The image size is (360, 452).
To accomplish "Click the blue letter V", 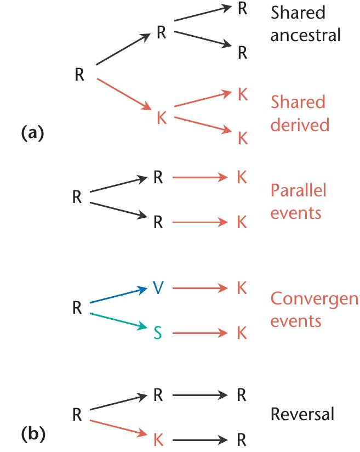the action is coord(158,287).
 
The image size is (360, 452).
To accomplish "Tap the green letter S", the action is coord(158,332).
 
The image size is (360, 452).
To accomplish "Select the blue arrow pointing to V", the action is coord(119,295).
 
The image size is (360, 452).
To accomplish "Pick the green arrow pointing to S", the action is coord(119,321).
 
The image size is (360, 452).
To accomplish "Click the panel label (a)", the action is coord(32,133).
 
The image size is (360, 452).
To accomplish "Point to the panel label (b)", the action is coord(33,434).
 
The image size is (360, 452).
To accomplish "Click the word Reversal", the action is coord(302,414).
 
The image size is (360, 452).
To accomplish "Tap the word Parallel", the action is coord(299,190).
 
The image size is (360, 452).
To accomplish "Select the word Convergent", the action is coord(315,299).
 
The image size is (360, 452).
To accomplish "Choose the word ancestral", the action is coord(306,35).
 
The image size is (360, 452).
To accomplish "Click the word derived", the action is coord(300,125).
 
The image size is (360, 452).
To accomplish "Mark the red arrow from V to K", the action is coord(200,288).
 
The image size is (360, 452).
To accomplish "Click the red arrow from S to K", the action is coord(200,333).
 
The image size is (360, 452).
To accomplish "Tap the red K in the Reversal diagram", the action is coord(158,439).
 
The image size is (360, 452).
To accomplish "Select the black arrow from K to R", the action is coord(200,440).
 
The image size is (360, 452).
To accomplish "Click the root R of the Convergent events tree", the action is coord(77,308).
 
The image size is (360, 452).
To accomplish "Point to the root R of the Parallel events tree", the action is coord(77,197).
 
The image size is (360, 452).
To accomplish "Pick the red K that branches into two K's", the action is coord(162,117).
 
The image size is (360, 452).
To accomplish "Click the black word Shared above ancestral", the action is coord(298,13).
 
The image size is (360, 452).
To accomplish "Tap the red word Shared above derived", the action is coord(298,102).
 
